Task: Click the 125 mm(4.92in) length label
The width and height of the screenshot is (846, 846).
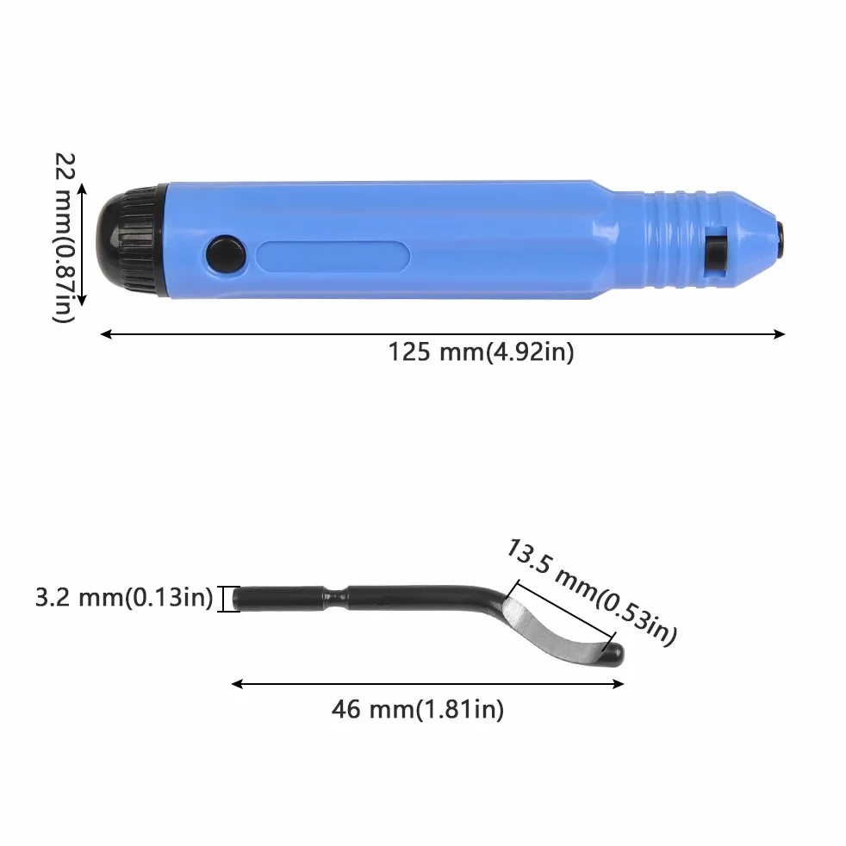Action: point(481,352)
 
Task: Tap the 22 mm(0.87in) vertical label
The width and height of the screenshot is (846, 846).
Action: point(65,238)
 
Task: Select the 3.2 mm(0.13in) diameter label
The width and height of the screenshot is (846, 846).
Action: point(124,598)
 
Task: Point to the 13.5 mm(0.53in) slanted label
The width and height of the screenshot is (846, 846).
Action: point(590,592)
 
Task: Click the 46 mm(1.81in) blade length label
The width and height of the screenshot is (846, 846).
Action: point(418,709)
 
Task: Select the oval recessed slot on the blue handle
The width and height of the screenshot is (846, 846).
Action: point(333,255)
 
